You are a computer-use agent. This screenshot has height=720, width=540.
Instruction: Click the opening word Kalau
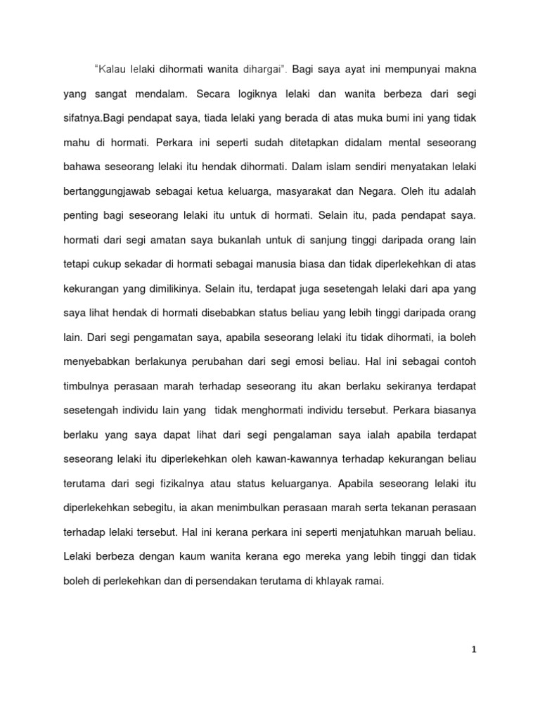[x=111, y=70]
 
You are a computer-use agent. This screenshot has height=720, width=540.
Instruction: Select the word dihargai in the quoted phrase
[x=262, y=70]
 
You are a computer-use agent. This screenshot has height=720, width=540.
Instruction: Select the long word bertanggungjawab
[x=107, y=191]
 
